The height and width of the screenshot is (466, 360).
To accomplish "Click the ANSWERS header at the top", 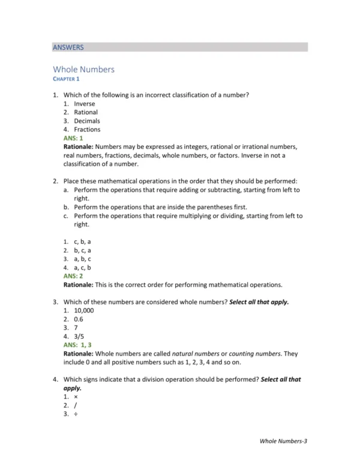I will coord(68,47).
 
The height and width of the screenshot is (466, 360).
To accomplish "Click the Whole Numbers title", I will coord(83,69).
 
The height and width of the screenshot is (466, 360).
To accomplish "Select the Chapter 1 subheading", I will coord(66,79).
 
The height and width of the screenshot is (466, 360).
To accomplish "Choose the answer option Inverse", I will coord(84,104).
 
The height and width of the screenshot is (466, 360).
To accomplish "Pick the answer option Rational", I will coord(86,112).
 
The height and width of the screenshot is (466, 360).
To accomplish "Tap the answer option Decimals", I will coord(87,121).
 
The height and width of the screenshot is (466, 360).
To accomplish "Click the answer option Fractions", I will coord(87,129).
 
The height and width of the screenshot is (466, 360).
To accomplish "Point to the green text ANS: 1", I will coord(73,138).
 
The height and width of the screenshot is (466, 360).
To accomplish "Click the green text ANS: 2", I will coord(73,276).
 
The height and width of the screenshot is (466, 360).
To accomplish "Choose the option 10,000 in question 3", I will coord(84,311).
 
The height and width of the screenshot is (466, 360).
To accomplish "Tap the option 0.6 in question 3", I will coord(79,319).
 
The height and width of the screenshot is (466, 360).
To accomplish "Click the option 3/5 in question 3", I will coord(79,337).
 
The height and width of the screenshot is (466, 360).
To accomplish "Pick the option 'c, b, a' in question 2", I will coord(82,241).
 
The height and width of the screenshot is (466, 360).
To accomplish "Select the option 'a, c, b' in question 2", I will coord(82,267).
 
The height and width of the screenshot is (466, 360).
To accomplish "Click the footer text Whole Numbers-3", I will coord(283,441).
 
